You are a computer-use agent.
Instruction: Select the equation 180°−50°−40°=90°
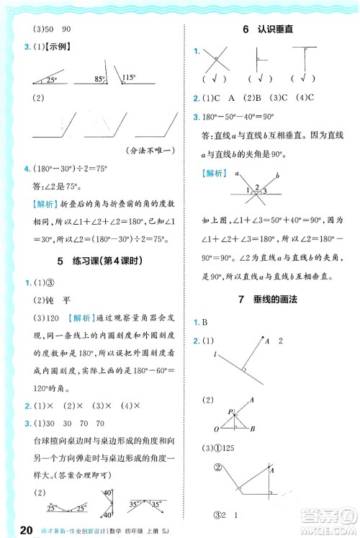[x=241, y=117]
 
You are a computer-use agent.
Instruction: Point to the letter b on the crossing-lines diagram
[x=278, y=174]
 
